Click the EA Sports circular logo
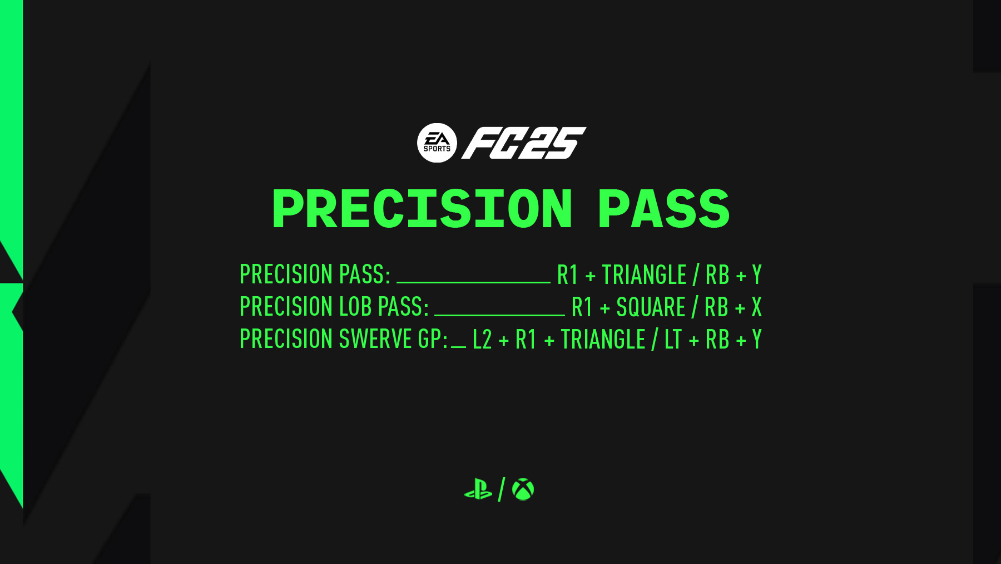pyautogui.click(x=437, y=143)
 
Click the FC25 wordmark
pyautogui.click(x=524, y=143)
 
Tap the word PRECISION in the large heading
pyautogui.click(x=422, y=209)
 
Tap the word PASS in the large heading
pyautogui.click(x=663, y=209)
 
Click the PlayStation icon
pyautogui.click(x=478, y=489)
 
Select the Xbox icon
pyautogui.click(x=523, y=489)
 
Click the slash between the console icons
pyautogui.click(x=501, y=489)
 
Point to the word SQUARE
pyautogui.click(x=651, y=307)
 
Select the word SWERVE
pyautogui.click(x=375, y=339)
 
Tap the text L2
pyautogui.click(x=482, y=340)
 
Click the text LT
pyautogui.click(x=673, y=340)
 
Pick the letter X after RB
pyautogui.click(x=756, y=307)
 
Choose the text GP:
pyautogui.click(x=433, y=339)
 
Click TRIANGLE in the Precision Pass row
pyautogui.click(x=644, y=275)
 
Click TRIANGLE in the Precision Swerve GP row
pyautogui.click(x=603, y=340)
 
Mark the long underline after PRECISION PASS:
pyautogui.click(x=473, y=282)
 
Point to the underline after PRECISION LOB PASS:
pyautogui.click(x=499, y=314)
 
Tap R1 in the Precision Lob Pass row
pyautogui.click(x=582, y=307)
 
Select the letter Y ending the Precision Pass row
pyautogui.click(x=757, y=275)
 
